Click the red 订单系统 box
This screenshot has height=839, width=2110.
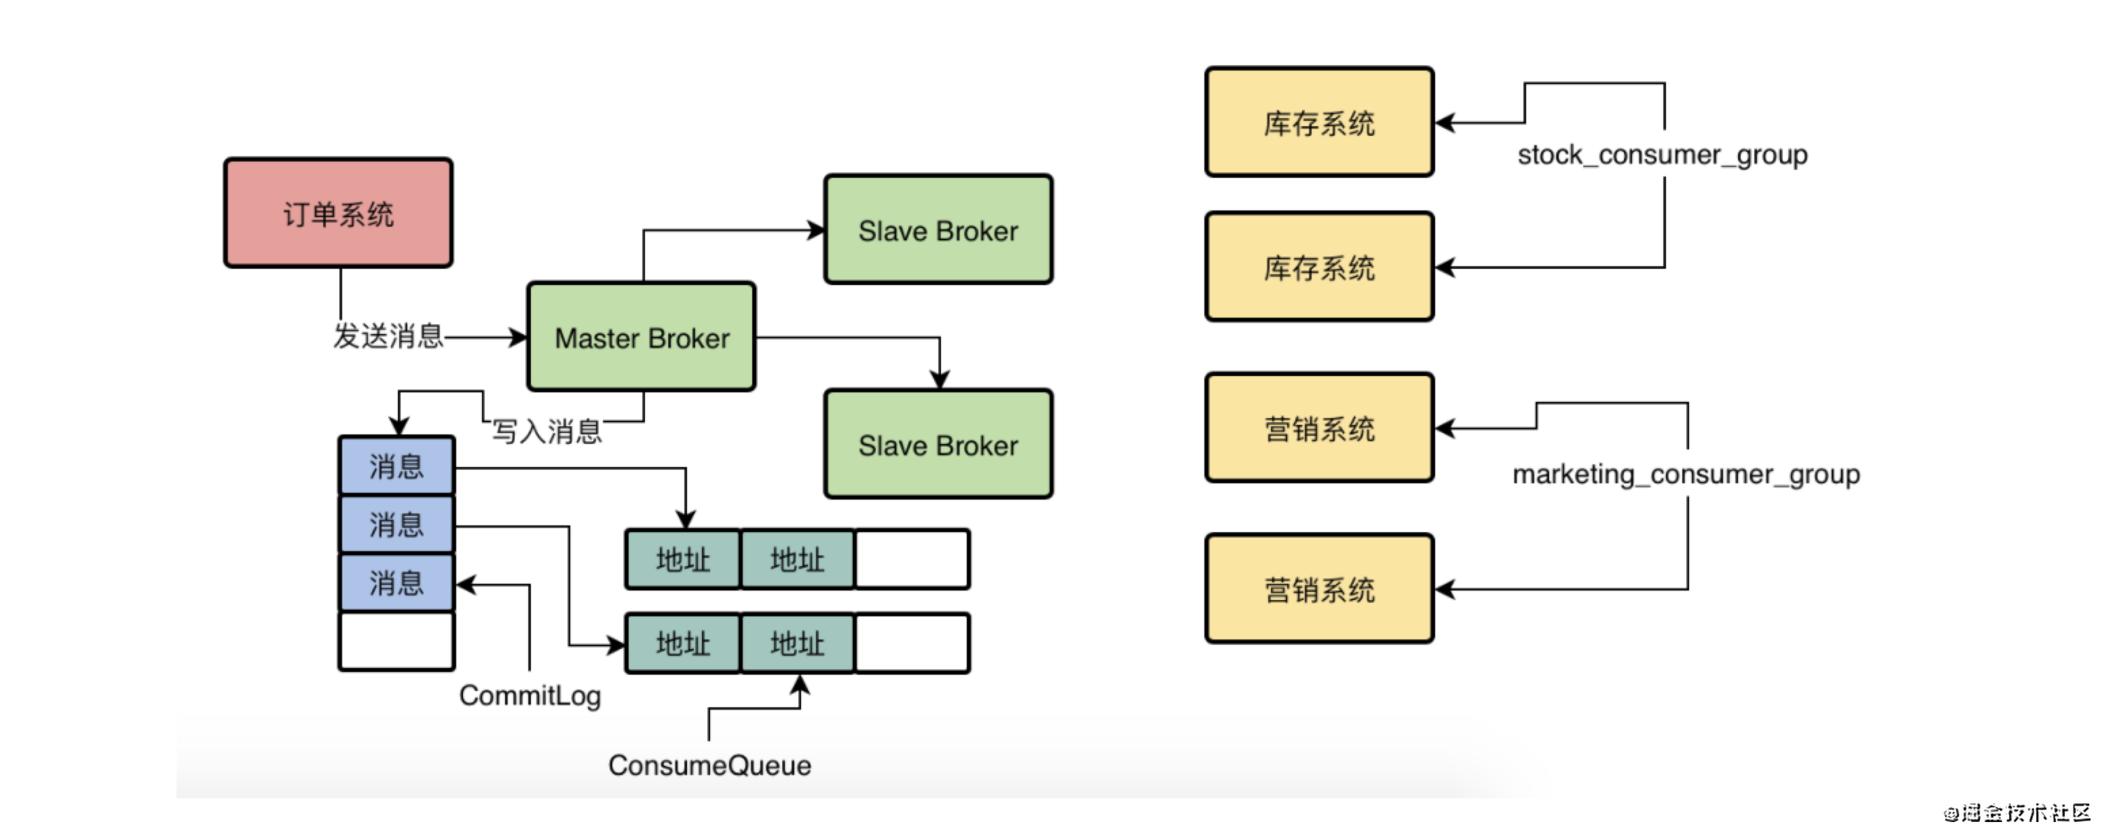pos(338,213)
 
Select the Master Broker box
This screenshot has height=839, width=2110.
pos(642,337)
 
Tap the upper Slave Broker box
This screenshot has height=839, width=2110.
pos(939,229)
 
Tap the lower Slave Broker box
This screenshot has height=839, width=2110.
pos(939,444)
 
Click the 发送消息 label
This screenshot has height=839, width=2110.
pos(388,336)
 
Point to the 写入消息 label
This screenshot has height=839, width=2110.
pos(547,431)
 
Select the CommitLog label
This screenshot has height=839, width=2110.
pos(530,696)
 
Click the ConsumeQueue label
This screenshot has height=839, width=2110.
pos(709,765)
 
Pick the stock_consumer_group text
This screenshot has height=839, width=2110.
pos(1663,155)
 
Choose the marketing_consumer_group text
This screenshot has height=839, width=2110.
pos(1686,474)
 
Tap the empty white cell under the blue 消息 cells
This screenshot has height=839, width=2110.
pos(396,641)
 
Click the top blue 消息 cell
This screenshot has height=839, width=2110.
pos(396,466)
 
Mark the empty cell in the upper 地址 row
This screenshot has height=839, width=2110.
pos(912,559)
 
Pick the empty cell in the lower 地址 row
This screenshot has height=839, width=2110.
pos(912,644)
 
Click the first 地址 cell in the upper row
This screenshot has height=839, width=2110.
pos(682,559)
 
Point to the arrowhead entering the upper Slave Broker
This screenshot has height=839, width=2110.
pos(816,230)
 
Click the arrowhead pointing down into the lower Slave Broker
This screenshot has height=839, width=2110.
pos(940,379)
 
